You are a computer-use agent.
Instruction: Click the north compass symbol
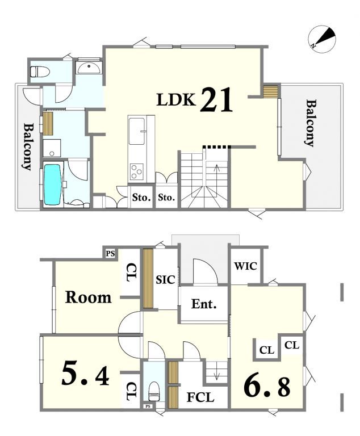click(322, 39)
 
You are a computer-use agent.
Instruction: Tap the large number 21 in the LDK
click(216, 100)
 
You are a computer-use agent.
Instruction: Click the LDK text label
click(176, 100)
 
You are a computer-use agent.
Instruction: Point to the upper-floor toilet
click(40, 72)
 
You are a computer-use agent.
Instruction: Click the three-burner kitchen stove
click(137, 171)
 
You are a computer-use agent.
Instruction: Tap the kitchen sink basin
click(137, 131)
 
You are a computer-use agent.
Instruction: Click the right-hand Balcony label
click(311, 123)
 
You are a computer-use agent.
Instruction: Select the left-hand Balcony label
click(28, 146)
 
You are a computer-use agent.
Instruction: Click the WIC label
click(245, 266)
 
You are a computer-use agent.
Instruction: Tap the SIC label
click(165, 279)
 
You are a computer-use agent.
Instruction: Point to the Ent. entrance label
click(204, 304)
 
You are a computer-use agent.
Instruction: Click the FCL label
click(200, 397)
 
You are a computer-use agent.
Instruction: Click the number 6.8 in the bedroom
click(267, 387)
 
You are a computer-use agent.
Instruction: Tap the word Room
click(88, 297)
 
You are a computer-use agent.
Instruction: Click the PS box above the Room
click(111, 254)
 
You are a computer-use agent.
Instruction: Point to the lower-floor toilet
click(153, 391)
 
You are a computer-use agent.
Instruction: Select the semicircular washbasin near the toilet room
click(89, 68)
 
